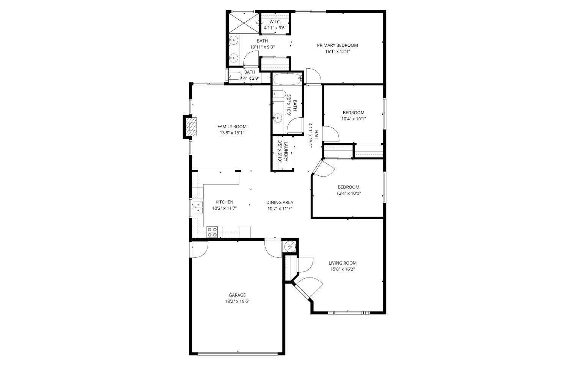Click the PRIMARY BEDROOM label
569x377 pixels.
pyautogui.click(x=337, y=45)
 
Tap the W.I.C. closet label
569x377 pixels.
pyautogui.click(x=275, y=22)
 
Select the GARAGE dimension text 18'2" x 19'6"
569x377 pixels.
pyautogui.click(x=237, y=301)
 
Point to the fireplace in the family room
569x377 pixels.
pyautogui.click(x=193, y=126)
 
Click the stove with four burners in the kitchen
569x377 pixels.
pyautogui.click(x=212, y=232)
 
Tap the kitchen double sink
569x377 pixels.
pyautogui.click(x=198, y=207)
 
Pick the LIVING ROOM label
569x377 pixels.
pyautogui.click(x=342, y=263)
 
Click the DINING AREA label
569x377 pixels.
pyautogui.click(x=280, y=202)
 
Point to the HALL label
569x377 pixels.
pyautogui.click(x=316, y=136)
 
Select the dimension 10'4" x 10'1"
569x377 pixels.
pyautogui.click(x=354, y=118)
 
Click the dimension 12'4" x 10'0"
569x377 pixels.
pyautogui.click(x=348, y=193)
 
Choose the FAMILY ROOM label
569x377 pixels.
pyautogui.click(x=232, y=126)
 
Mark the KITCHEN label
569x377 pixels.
pyautogui.click(x=224, y=202)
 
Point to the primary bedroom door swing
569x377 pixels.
pyautogui.click(x=313, y=76)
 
